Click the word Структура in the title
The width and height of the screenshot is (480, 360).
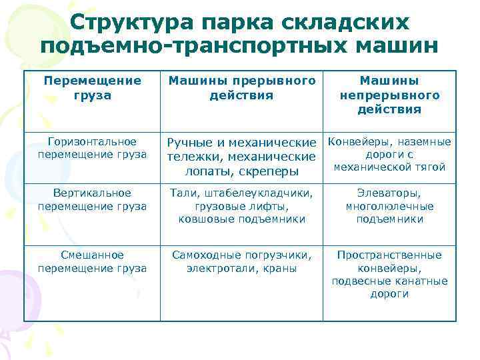pyautogui.click(x=129, y=21)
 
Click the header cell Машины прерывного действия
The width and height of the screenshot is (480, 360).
pyautogui.click(x=241, y=88)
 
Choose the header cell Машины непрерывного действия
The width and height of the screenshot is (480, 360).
pyautogui.click(x=389, y=95)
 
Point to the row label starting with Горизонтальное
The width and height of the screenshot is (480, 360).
pyautogui.click(x=93, y=148)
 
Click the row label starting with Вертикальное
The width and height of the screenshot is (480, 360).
pyautogui.click(x=93, y=199)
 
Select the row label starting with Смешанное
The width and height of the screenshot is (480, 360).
pyautogui.click(x=93, y=261)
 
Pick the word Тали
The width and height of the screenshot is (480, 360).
pyautogui.click(x=183, y=193)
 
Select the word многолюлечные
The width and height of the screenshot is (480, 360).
pyautogui.click(x=389, y=206)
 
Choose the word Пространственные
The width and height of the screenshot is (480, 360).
pyautogui.click(x=389, y=255)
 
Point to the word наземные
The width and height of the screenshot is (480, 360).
pyautogui.click(x=423, y=141)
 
